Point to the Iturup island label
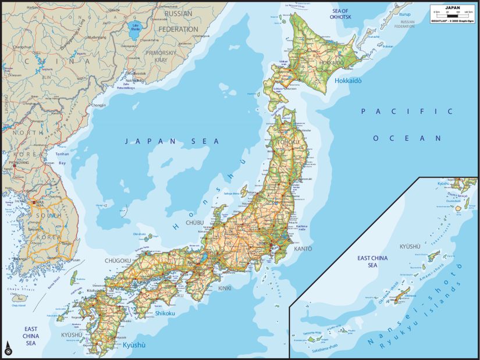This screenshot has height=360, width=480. (404, 13)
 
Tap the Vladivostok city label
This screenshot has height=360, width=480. (138, 73)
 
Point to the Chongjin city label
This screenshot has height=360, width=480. (98, 105)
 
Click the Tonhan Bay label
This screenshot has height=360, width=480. (61, 158)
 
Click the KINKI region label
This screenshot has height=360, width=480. (224, 288)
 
